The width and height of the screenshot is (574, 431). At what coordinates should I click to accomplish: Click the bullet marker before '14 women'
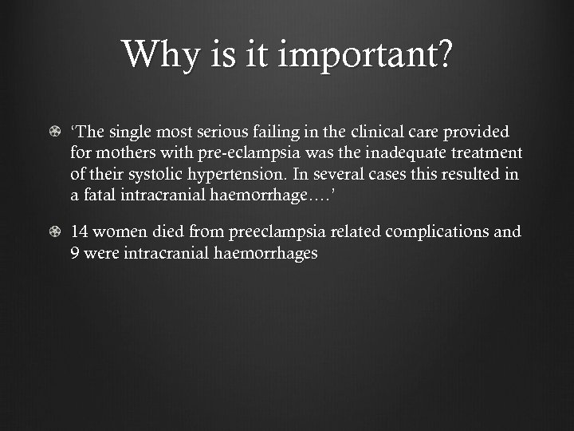[53, 232]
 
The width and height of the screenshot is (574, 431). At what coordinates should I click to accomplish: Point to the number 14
[80, 232]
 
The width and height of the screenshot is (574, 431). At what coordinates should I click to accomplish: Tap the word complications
[440, 232]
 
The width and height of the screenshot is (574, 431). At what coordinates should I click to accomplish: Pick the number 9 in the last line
[75, 254]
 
